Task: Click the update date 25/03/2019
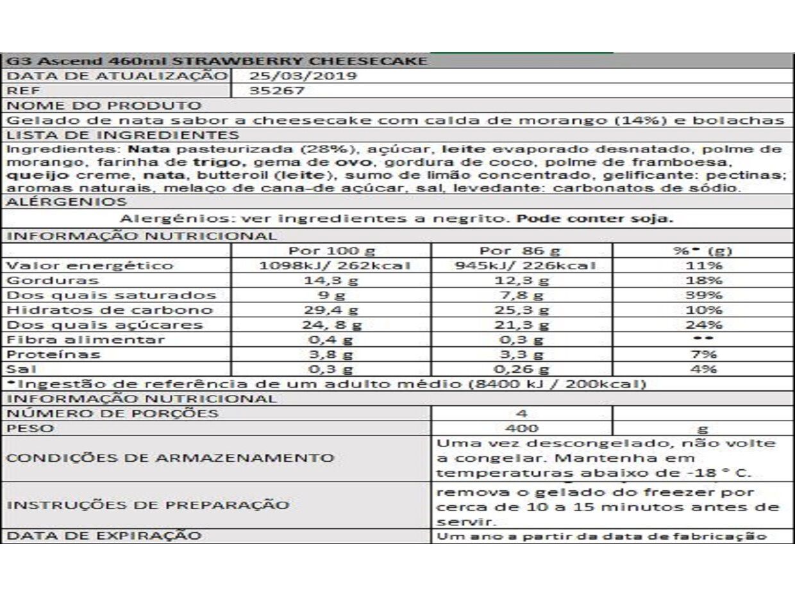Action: (303, 76)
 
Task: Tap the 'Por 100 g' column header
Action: (332, 251)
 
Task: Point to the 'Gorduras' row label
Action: (53, 281)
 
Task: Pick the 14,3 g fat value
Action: (332, 281)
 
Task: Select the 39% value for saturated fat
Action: (703, 295)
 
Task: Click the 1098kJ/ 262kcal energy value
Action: (332, 265)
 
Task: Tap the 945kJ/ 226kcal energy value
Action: (521, 265)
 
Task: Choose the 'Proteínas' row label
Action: (53, 354)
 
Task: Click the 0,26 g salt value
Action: (521, 369)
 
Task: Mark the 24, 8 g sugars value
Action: (332, 325)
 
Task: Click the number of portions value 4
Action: (521, 413)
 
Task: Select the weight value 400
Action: (521, 428)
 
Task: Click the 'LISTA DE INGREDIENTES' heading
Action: (122, 135)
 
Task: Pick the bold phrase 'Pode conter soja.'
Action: (595, 219)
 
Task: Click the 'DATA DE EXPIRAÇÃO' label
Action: (104, 536)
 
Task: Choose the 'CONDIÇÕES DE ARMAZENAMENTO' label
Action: (170, 458)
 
